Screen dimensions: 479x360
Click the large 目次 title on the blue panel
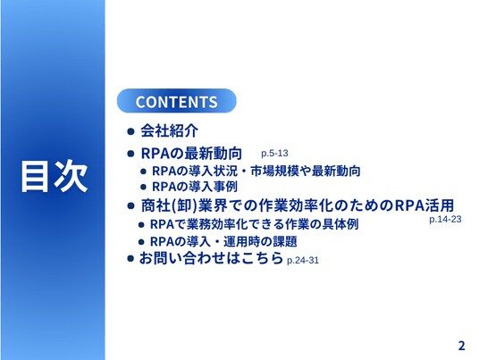tap(55, 176)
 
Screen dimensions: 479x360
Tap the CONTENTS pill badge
tap(177, 101)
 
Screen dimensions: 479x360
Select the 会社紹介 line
tap(169, 131)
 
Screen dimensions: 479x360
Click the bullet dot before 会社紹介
tap(130, 131)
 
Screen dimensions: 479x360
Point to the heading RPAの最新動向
tap(191, 154)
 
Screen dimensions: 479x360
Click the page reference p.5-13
tap(274, 154)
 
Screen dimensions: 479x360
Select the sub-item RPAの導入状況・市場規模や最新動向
tap(256, 171)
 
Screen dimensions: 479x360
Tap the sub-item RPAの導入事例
tap(195, 187)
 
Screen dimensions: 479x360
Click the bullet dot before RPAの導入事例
tap(143, 188)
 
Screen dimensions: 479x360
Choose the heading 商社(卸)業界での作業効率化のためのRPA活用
tap(298, 205)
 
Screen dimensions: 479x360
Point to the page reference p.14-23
tap(445, 219)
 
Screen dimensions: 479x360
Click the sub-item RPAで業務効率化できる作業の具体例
tap(254, 224)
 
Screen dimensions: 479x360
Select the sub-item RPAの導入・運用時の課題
tap(223, 242)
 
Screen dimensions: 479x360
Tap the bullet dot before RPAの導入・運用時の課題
tap(141, 242)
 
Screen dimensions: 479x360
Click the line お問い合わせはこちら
tap(211, 258)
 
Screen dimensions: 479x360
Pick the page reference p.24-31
tap(303, 261)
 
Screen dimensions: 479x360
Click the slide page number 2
tap(462, 346)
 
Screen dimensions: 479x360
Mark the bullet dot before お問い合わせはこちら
tap(130, 259)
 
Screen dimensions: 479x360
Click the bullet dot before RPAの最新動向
tap(130, 154)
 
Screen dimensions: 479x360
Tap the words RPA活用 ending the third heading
tap(424, 205)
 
